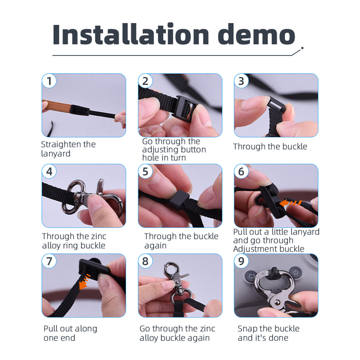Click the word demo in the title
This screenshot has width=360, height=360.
pyautogui.click(x=256, y=34)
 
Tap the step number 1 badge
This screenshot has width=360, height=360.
pyautogui.click(x=49, y=81)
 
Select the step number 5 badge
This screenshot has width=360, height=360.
pyautogui.click(x=145, y=171)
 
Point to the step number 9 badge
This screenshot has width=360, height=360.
pyautogui.click(x=241, y=261)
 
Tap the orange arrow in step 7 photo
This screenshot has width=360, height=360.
pyautogui.click(x=85, y=281)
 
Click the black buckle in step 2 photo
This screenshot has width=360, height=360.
pyautogui.click(x=186, y=107)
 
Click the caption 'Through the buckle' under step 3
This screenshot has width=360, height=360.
pyautogui.click(x=270, y=147)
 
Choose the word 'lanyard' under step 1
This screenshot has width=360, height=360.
pyautogui.click(x=56, y=154)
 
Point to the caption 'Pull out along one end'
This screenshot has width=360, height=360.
pyautogui.click(x=70, y=333)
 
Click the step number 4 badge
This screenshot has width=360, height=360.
pyautogui.click(x=49, y=171)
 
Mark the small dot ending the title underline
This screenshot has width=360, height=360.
pyautogui.click(x=302, y=48)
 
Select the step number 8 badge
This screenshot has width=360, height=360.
pyautogui.click(x=145, y=261)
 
